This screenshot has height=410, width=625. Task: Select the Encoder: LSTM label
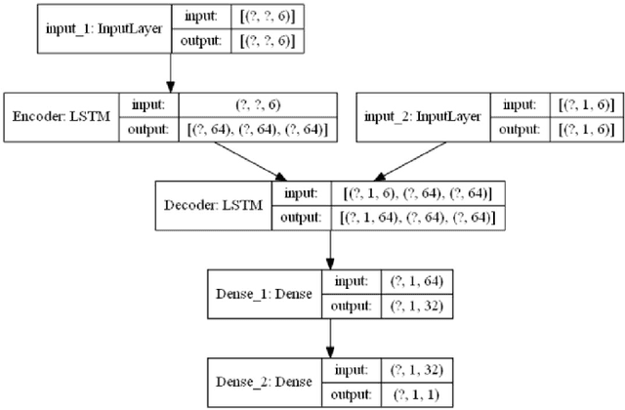point(61,118)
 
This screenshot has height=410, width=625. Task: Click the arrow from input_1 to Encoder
point(171,72)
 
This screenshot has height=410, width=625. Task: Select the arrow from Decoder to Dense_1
point(331,253)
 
